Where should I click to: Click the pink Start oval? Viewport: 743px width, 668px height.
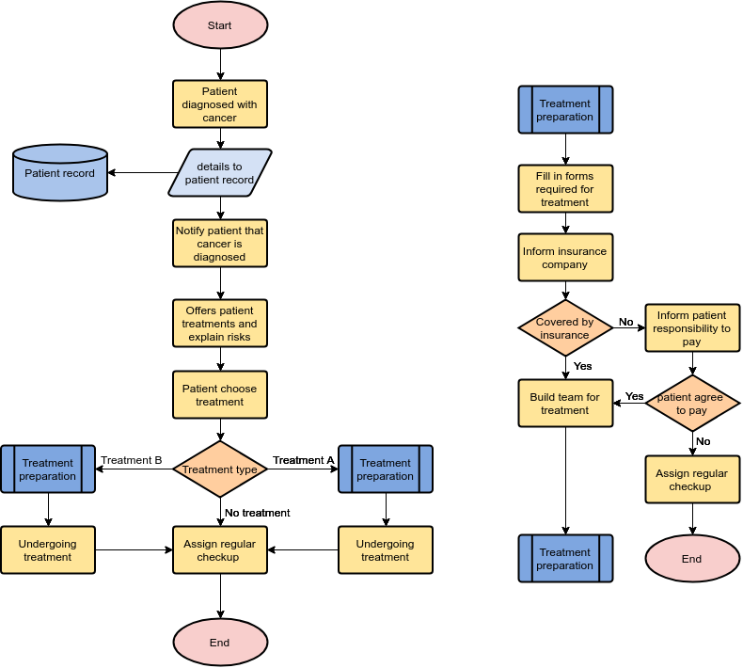coord(220,25)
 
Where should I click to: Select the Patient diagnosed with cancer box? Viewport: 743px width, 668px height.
coord(220,103)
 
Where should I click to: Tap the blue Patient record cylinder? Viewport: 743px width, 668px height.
coord(60,173)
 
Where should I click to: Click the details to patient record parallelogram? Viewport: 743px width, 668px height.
coord(220,173)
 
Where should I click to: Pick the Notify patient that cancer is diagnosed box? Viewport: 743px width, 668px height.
coord(220,243)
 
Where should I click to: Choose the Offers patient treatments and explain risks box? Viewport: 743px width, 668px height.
coord(220,324)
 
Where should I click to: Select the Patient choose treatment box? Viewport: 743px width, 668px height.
coord(220,395)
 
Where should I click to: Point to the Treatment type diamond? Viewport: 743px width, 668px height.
coord(220,469)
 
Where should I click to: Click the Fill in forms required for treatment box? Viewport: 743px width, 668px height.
coord(565,189)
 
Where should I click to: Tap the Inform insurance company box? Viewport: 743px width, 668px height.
coord(565,258)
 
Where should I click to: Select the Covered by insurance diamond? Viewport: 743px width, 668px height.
coord(565,328)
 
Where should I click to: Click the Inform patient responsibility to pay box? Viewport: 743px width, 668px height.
coord(692,328)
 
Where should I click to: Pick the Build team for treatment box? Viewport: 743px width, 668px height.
coord(565,404)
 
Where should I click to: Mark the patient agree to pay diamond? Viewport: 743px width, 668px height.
coord(692,404)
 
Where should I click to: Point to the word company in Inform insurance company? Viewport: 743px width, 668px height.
coord(565,264)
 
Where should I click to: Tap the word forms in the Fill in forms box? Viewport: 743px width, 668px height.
coord(578,176)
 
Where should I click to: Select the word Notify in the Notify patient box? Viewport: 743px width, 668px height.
coord(193,230)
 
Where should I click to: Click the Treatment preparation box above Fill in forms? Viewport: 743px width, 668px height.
coord(565,110)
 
